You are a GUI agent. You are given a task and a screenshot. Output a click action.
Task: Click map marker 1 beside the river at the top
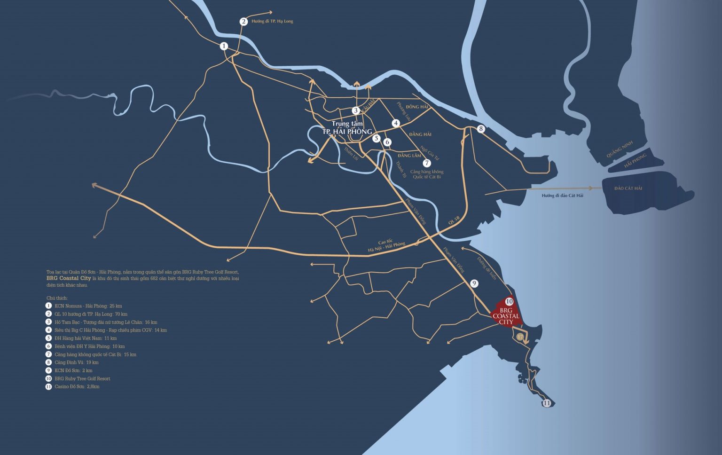pyautogui.click(x=224, y=46)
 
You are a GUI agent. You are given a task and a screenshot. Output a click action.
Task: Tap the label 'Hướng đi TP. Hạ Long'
pyautogui.click(x=272, y=22)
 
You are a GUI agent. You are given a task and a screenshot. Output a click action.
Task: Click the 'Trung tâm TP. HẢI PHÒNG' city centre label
pyautogui.click(x=347, y=128)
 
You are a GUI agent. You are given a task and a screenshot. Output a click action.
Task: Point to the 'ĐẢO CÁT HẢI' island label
pyautogui.click(x=628, y=188)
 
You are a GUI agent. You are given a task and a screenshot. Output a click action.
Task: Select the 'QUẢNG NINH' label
pyautogui.click(x=620, y=149)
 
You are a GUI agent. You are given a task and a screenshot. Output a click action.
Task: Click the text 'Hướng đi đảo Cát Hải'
pyautogui.click(x=562, y=196)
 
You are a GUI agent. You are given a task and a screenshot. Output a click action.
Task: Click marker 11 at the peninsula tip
pyautogui.click(x=547, y=403)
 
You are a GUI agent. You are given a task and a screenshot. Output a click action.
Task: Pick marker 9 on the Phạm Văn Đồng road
pyautogui.click(x=474, y=283)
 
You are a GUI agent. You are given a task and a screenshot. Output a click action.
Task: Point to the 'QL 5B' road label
pyautogui.click(x=454, y=220)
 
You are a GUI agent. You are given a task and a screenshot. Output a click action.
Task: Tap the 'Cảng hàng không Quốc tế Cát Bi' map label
pyautogui.click(x=427, y=174)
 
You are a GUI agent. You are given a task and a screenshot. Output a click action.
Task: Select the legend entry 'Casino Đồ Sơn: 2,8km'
pyautogui.click(x=77, y=387)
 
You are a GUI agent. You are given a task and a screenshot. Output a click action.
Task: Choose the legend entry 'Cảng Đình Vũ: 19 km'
pyautogui.click(x=76, y=362)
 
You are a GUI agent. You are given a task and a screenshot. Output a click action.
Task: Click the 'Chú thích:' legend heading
pyautogui.click(x=57, y=298)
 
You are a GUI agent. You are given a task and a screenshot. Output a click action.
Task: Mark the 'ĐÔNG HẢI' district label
pyautogui.click(x=417, y=107)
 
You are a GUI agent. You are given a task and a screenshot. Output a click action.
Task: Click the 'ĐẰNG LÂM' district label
pyautogui.click(x=409, y=156)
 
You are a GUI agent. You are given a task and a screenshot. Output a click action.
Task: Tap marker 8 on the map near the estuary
pyautogui.click(x=480, y=129)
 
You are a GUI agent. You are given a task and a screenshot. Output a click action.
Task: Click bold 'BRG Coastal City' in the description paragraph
pyautogui.click(x=69, y=278)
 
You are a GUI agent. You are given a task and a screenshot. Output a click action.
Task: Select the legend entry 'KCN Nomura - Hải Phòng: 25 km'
pyautogui.click(x=88, y=306)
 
